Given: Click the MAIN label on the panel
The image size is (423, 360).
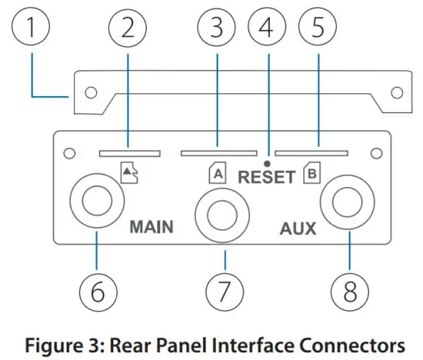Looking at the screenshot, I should pos(152,227).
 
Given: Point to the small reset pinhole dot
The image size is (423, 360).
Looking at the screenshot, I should pos(267,163).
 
